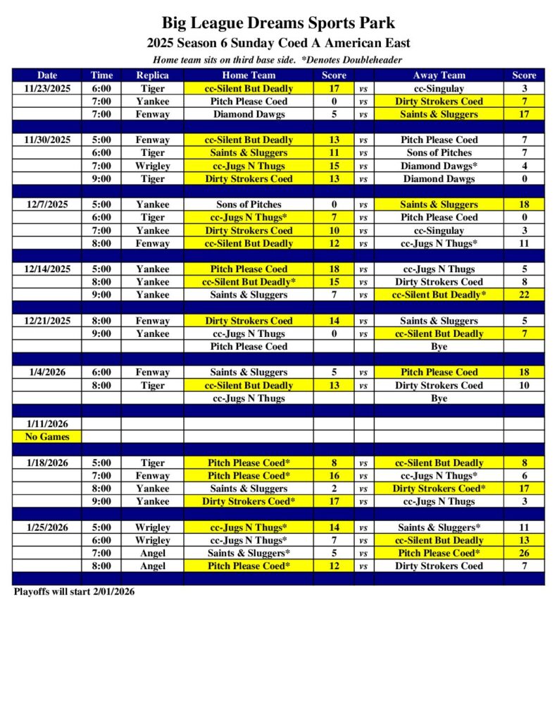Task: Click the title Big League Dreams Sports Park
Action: click(278, 23)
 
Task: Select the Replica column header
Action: click(152, 75)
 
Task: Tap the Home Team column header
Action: click(249, 75)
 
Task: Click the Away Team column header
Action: click(439, 75)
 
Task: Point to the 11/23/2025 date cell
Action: click(47, 89)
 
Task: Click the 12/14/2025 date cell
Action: click(47, 269)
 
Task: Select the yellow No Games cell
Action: click(47, 436)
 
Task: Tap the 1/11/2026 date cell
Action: click(47, 424)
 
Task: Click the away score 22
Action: click(524, 295)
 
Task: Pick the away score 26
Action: click(524, 553)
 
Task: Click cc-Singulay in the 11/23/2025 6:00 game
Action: click(439, 89)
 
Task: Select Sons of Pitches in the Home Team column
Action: click(249, 204)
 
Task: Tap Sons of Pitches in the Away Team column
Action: click(439, 152)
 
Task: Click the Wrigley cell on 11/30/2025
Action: click(152, 166)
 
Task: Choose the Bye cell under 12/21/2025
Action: click(439, 346)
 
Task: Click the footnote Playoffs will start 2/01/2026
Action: click(74, 592)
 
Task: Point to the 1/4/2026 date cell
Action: click(47, 372)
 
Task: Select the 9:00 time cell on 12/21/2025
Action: click(101, 334)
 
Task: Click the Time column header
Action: click(101, 75)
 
